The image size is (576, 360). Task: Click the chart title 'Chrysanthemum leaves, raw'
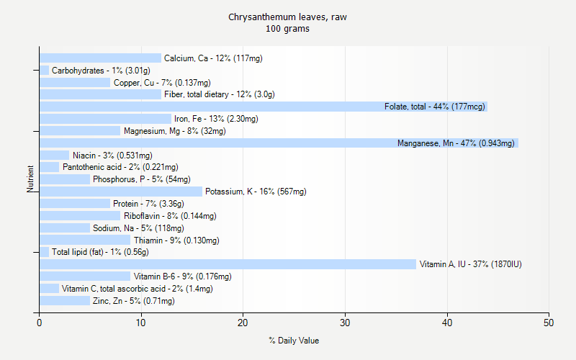tap(287, 17)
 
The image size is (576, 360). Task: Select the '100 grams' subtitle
tap(287, 29)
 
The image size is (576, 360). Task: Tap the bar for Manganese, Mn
tap(216, 143)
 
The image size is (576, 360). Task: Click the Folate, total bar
tap(209, 107)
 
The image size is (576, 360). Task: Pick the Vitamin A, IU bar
tap(216, 264)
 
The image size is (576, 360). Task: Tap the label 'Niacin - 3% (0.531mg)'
tap(112, 156)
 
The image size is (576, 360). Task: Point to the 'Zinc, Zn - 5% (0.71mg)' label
tap(133, 301)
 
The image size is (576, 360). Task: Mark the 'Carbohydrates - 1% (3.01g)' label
tap(101, 71)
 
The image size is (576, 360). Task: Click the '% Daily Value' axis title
tap(294, 341)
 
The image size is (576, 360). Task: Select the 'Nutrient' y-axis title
tap(31, 179)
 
